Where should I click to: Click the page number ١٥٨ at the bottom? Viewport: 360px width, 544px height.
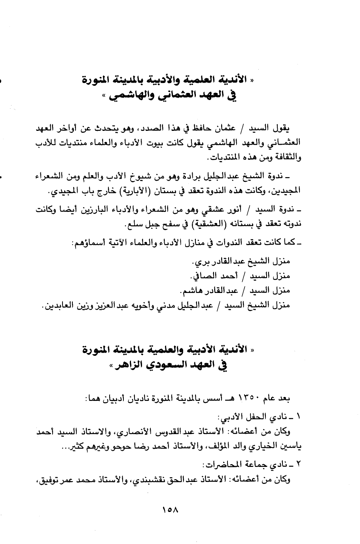(x=170, y=510)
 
